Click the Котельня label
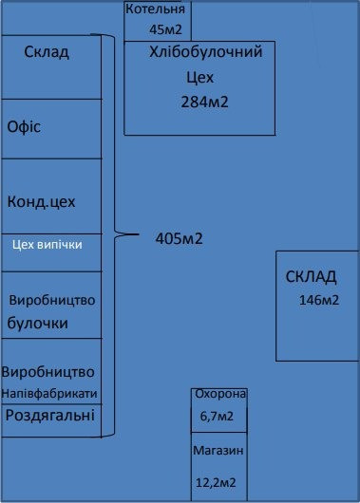pyautogui.click(x=158, y=9)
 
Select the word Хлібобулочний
pyautogui.click(x=199, y=53)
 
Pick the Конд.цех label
pyautogui.click(x=41, y=202)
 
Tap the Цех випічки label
pyautogui.click(x=48, y=244)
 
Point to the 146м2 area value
pyautogui.click(x=319, y=301)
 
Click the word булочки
pyautogui.click(x=38, y=324)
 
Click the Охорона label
pyautogui.click(x=219, y=394)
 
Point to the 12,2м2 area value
pyautogui.click(x=217, y=483)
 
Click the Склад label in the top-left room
pyautogui.click(x=47, y=52)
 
